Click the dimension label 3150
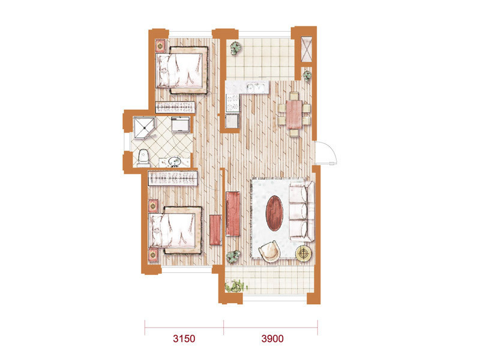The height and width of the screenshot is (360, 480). (184, 338)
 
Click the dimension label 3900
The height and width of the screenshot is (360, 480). (272, 338)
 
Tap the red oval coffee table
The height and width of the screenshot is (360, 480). (274, 213)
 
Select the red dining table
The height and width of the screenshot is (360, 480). (294, 115)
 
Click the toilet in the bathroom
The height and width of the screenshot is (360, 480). (143, 158)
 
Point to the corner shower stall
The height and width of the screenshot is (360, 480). (144, 127)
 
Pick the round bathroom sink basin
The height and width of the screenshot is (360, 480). (175, 161)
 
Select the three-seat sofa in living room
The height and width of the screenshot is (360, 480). (302, 211)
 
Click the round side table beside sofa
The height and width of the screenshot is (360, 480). (304, 253)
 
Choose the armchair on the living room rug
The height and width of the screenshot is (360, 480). (269, 251)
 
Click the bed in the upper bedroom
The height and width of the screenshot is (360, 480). (182, 70)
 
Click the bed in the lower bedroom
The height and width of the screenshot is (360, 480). (175, 230)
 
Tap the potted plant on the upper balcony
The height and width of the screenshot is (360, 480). (236, 48)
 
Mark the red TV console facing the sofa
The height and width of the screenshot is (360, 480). (233, 214)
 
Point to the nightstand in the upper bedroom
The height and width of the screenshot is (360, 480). (160, 46)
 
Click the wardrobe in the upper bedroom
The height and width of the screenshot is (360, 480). (175, 107)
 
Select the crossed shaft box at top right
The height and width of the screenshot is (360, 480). (307, 49)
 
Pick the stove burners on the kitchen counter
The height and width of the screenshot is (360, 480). (232, 103)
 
